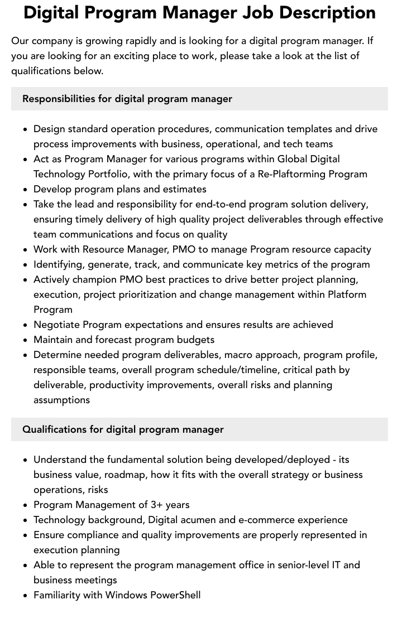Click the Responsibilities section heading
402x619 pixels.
pos(127,99)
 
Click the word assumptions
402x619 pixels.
pos(61,400)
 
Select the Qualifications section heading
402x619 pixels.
pos(123,429)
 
